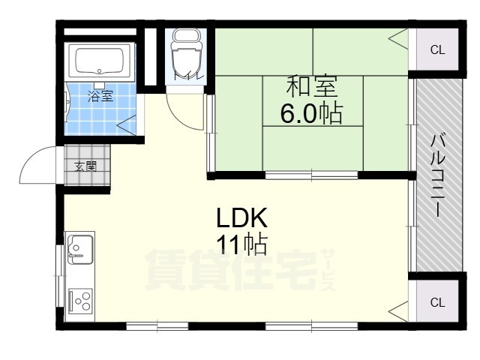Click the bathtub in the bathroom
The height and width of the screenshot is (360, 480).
99,62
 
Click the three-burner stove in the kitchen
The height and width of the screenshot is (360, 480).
80,300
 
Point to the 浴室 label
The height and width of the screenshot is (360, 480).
100,97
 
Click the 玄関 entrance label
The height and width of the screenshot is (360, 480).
86,166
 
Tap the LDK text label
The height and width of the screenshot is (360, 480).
241,217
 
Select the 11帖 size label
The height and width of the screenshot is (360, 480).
241,244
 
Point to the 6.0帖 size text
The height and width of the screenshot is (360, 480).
312,112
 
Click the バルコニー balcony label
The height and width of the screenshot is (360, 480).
438,175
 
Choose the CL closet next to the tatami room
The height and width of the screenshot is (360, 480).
437,49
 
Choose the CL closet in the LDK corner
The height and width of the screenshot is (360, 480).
437,302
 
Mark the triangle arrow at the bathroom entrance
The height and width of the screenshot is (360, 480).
126,124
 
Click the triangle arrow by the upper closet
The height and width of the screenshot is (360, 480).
398,39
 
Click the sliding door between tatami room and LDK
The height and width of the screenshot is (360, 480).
311,175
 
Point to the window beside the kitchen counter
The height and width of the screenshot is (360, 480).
59,275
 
